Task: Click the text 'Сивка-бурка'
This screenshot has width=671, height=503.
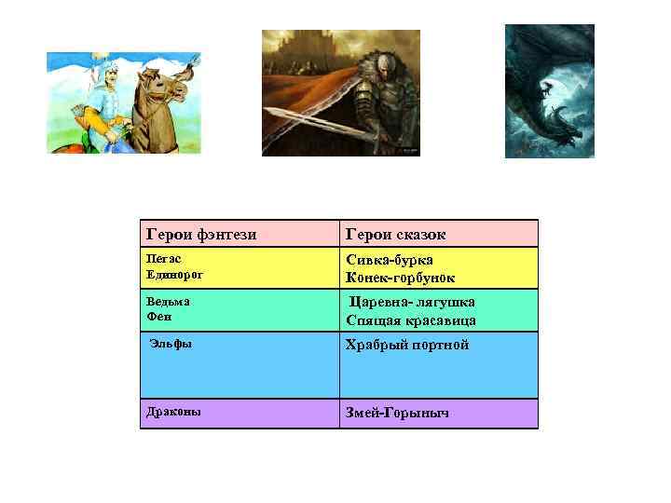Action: pos(390,261)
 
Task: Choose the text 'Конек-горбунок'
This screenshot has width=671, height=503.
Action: pos(401,278)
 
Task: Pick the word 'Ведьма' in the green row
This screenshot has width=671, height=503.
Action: pos(169,302)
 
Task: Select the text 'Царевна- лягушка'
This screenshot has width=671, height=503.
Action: pos(412,302)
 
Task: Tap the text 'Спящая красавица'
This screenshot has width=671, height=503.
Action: pos(411,319)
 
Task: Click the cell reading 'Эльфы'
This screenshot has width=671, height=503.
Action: pos(172,345)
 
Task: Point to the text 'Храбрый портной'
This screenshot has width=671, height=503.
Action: pos(407,345)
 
